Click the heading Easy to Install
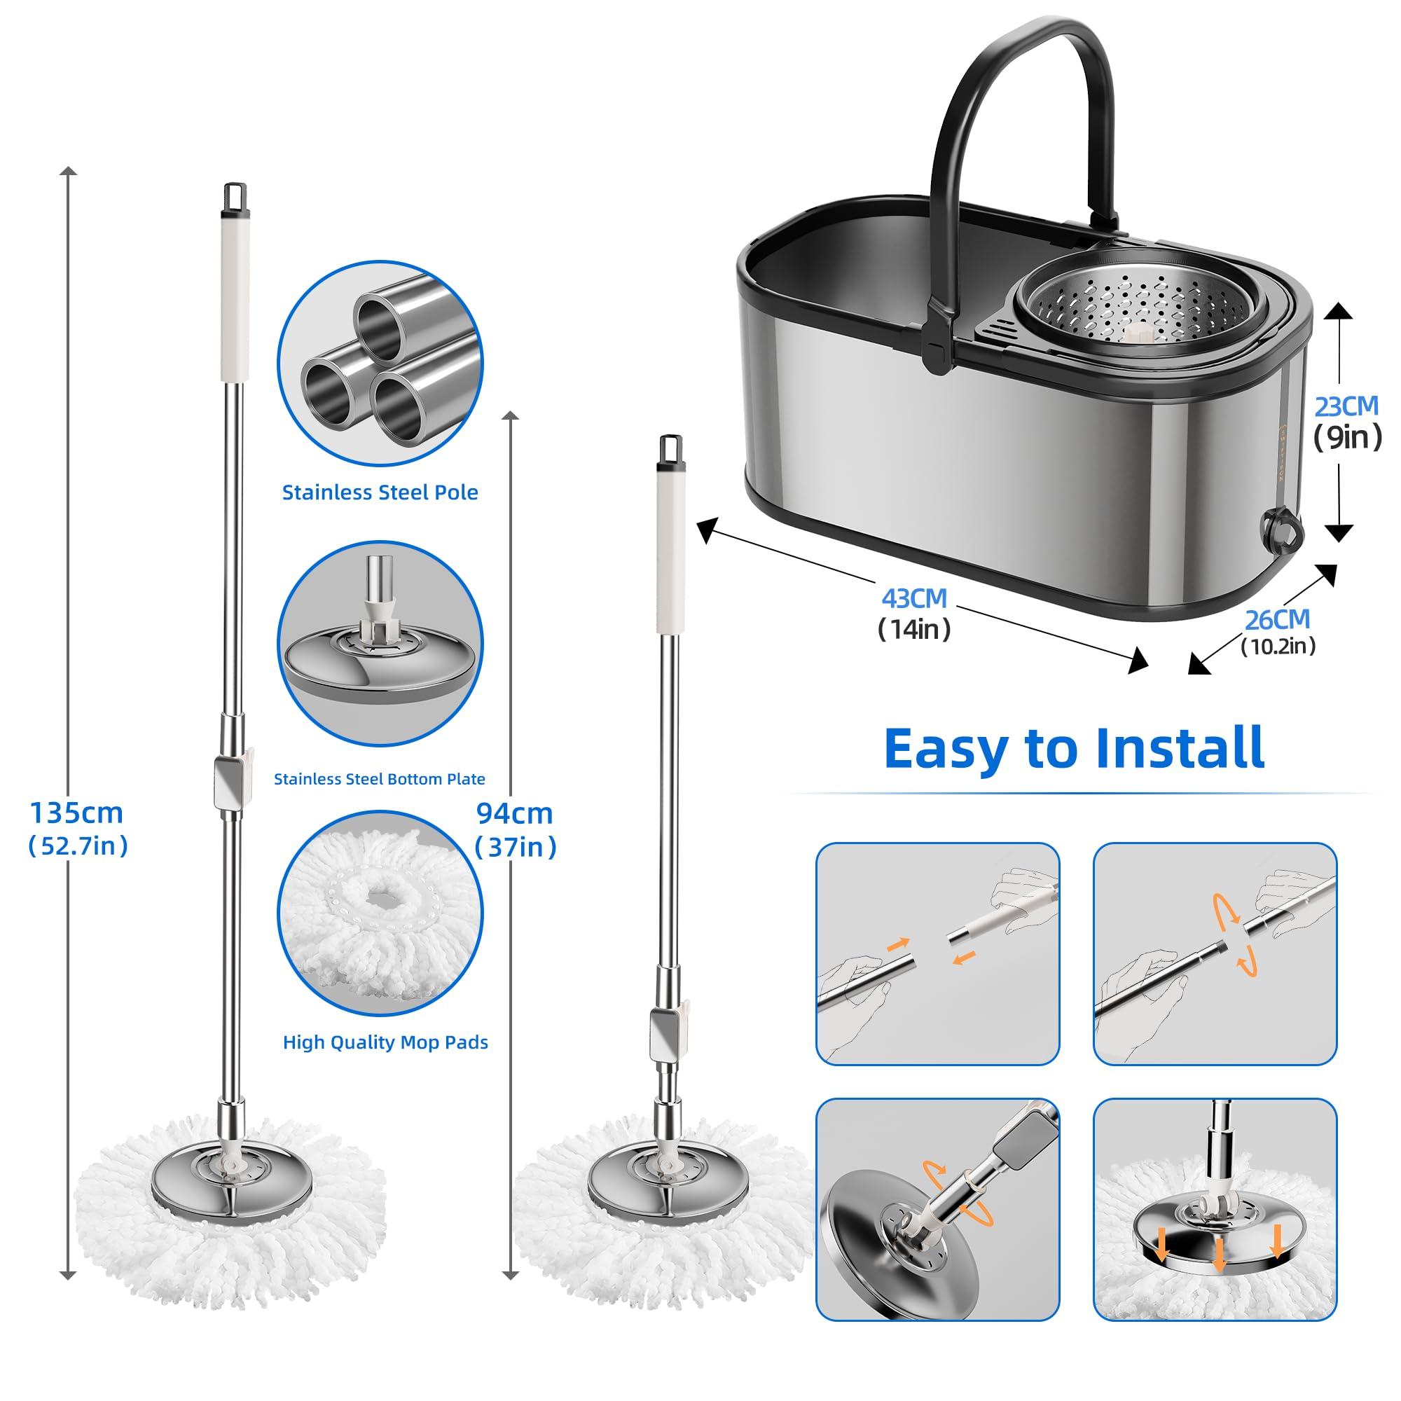[x=1075, y=748]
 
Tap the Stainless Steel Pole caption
[x=380, y=492]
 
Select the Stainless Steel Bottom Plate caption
[x=379, y=779]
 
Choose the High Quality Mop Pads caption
[x=385, y=1042]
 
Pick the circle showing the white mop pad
[x=379, y=913]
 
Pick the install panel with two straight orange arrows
[x=938, y=952]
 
